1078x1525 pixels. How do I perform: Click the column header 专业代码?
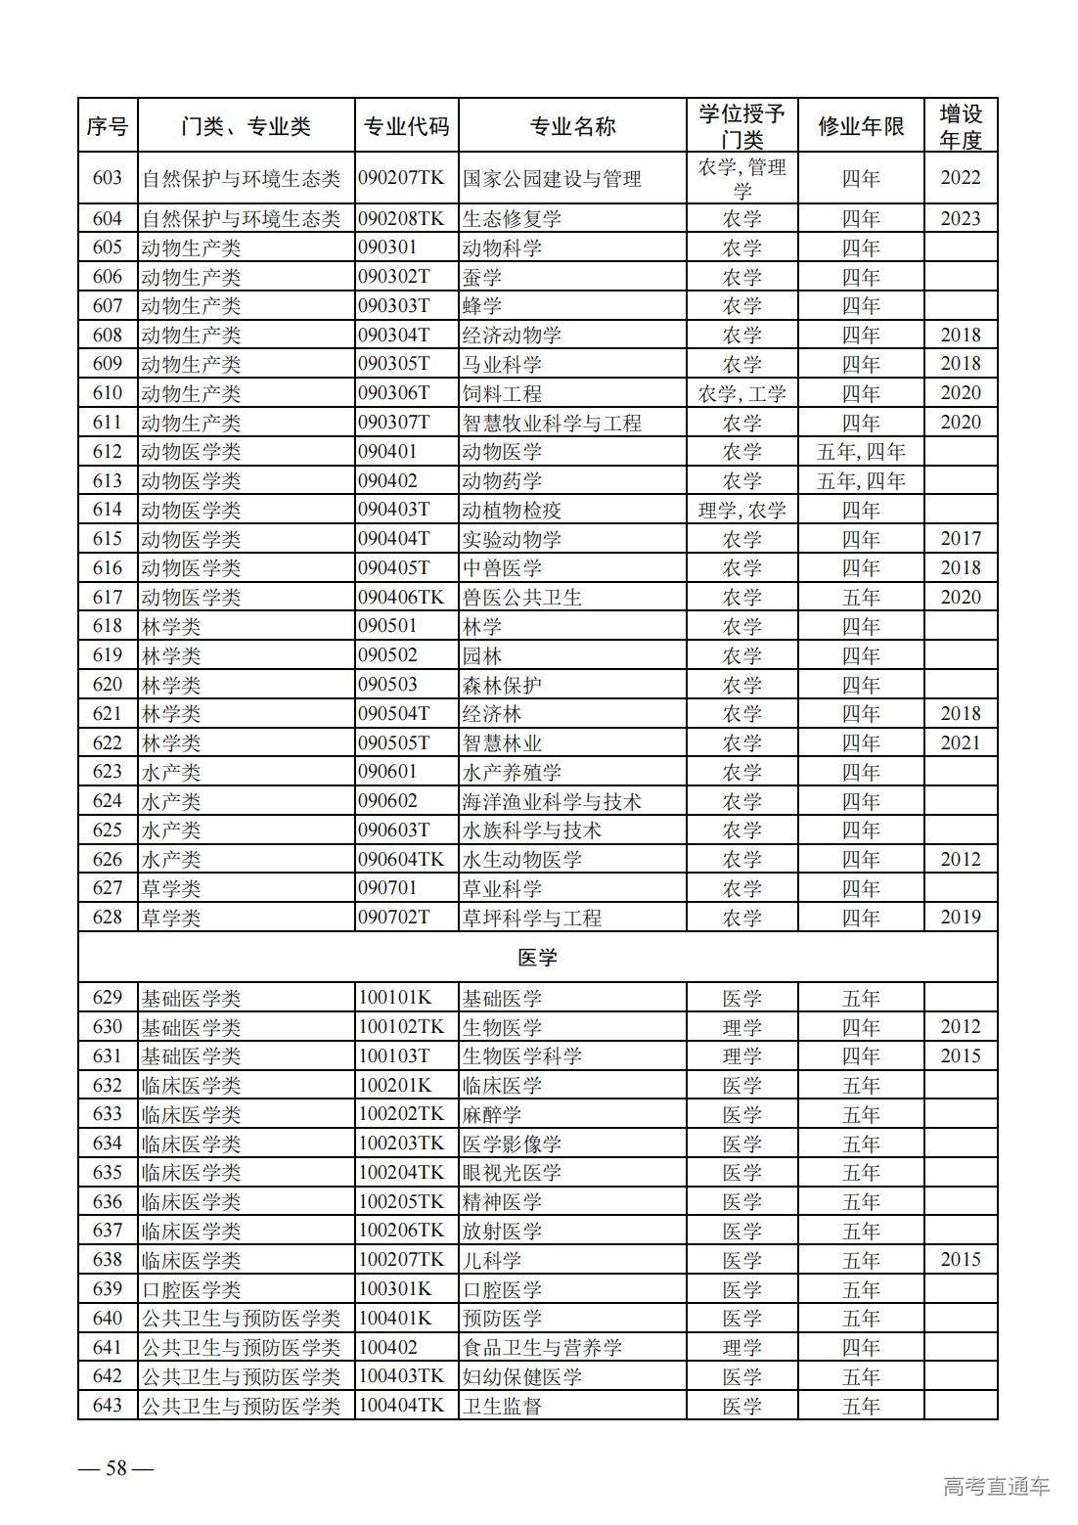coord(406,126)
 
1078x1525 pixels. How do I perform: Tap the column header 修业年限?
coord(861,126)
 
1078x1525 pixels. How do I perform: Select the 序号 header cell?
coord(108,126)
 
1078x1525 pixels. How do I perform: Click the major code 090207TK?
coord(401,178)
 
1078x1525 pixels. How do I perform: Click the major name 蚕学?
coord(482,278)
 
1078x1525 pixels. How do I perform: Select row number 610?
coord(108,393)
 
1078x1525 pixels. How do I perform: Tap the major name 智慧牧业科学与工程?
coord(552,423)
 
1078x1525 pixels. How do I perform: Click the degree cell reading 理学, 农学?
coord(741,510)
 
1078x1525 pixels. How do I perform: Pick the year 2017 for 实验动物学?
coord(960,539)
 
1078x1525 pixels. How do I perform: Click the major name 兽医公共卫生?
coord(521,598)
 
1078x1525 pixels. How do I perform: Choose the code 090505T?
coord(393,743)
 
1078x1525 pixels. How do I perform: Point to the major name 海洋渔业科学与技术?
coord(552,802)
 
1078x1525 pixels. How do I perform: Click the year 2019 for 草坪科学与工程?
coord(960,918)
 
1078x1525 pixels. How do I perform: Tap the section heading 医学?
coord(537,958)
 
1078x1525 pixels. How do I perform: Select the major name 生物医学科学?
coord(521,1056)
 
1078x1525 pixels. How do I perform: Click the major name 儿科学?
coord(492,1260)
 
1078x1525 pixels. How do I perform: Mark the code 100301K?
coord(394,1289)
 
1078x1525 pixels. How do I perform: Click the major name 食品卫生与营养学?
coord(542,1348)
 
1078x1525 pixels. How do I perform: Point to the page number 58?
coord(116,1467)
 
